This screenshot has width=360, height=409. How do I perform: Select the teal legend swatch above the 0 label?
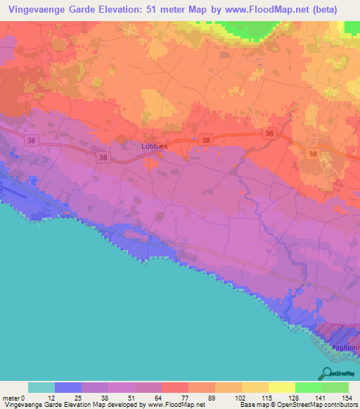pyautogui.click(x=41, y=387)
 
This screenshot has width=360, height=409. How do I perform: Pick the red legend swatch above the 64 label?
pyautogui.click(x=174, y=387)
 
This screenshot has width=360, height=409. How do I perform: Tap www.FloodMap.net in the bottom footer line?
pyautogui.click(x=174, y=405)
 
